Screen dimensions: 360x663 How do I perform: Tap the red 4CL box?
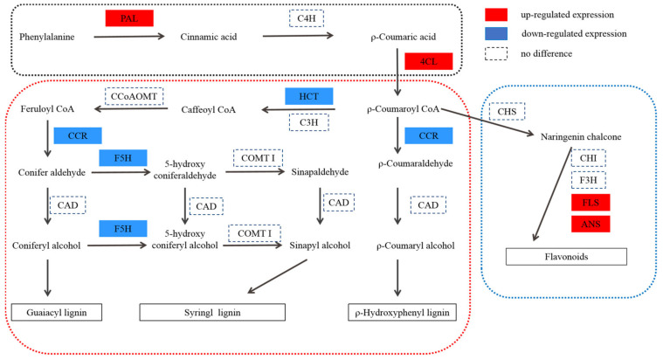[x=428, y=61]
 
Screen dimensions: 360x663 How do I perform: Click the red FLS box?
[x=587, y=202]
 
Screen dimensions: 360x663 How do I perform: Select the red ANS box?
[x=587, y=224]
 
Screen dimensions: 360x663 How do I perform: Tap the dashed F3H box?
[x=587, y=181]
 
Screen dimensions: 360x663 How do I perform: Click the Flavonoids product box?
[x=567, y=256]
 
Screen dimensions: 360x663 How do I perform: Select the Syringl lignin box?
[x=213, y=312]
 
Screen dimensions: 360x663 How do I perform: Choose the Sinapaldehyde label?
[x=318, y=172]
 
